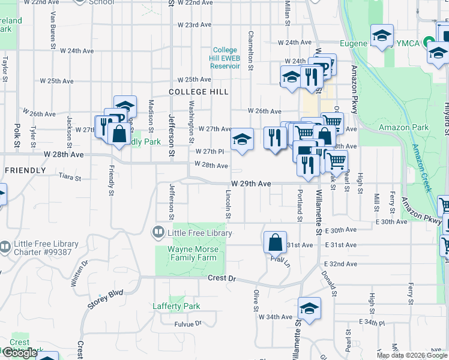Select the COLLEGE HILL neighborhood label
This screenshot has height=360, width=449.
pos(198,92)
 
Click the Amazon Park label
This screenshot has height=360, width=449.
pos(403,127)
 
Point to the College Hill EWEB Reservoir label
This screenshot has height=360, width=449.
pos(225,58)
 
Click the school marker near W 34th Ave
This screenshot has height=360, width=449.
pos(309,308)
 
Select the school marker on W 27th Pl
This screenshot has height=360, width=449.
pos(242,140)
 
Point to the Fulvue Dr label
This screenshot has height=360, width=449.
pos(187,324)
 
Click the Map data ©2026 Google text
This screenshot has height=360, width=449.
pos(411,355)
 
